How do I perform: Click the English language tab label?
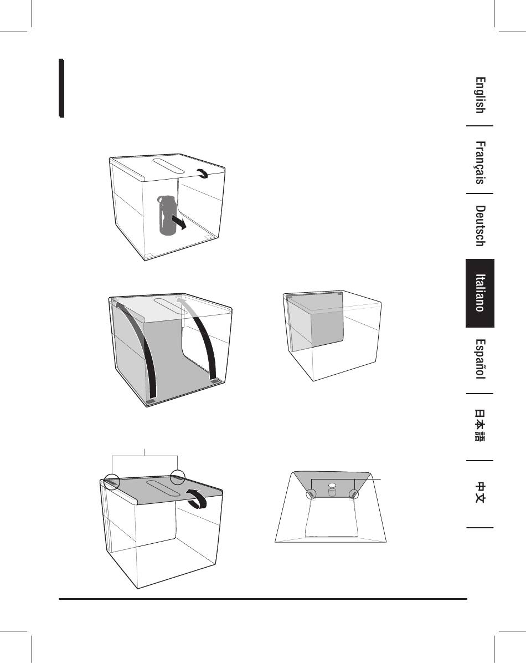[x=480, y=95]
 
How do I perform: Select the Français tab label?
[x=480, y=163]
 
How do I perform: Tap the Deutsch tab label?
[x=480, y=226]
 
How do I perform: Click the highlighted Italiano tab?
[x=480, y=293]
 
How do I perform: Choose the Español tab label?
[x=480, y=359]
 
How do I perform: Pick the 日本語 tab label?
[x=480, y=425]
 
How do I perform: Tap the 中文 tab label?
[x=480, y=493]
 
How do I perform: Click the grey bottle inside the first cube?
[x=167, y=215]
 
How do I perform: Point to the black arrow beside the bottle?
[x=178, y=222]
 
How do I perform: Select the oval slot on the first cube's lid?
[x=168, y=165]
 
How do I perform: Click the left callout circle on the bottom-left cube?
[x=112, y=482]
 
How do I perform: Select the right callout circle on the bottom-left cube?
[x=177, y=478]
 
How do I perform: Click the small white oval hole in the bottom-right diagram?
[x=332, y=485]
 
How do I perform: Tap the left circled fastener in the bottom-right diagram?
[x=312, y=494]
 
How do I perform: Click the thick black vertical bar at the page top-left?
[x=61, y=88]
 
